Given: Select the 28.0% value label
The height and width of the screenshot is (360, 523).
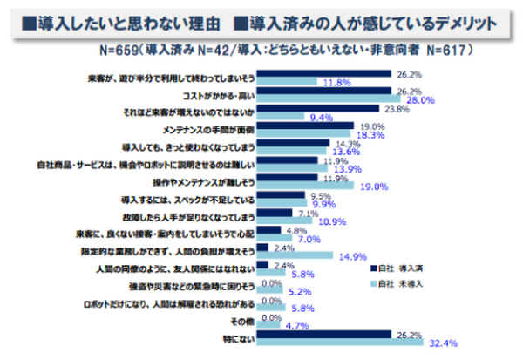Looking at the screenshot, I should (422, 100).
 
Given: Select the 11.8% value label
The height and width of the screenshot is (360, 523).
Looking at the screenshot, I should (336, 83).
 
